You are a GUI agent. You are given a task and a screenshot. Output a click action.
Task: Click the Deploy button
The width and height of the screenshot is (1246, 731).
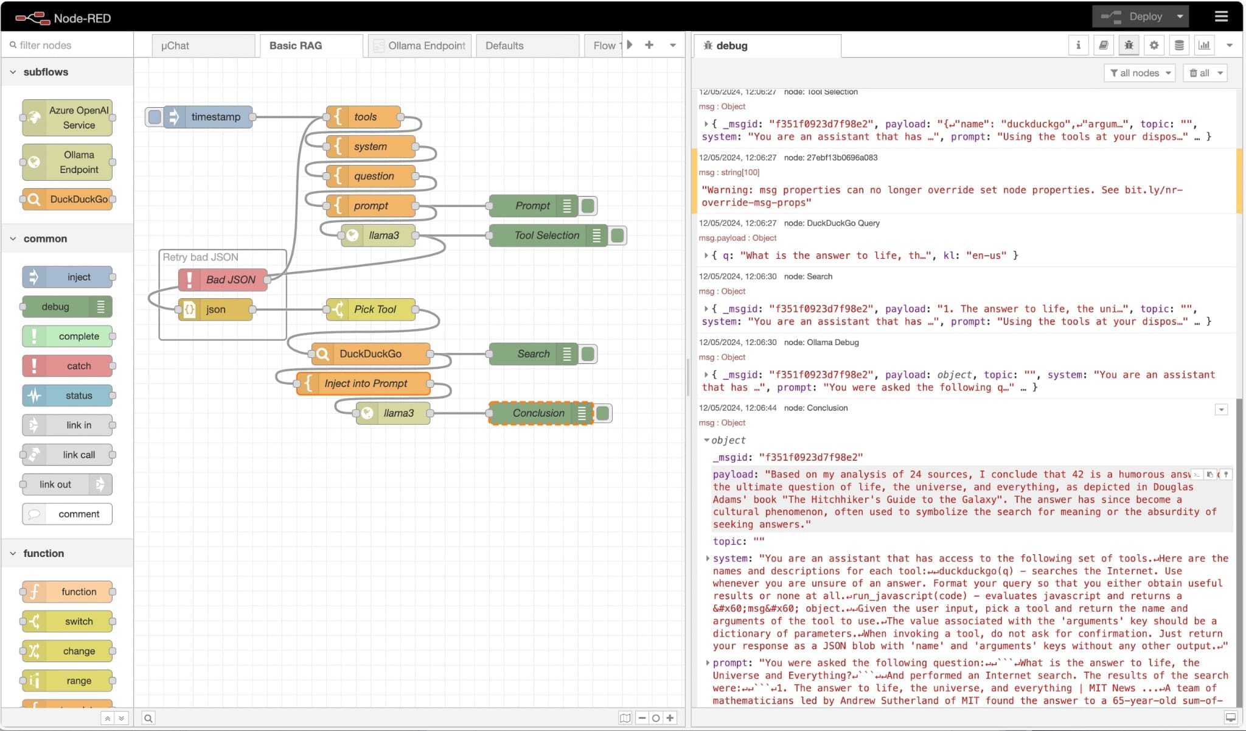point(1140,16)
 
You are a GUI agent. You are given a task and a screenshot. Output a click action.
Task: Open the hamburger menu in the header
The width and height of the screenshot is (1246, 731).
point(1221,16)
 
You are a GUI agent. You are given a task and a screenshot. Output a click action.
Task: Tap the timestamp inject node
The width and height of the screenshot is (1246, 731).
point(207,117)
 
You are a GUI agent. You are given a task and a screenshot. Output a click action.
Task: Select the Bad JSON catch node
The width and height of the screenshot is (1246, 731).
point(223,279)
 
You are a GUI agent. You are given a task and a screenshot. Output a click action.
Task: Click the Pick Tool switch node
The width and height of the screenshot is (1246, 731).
point(371,309)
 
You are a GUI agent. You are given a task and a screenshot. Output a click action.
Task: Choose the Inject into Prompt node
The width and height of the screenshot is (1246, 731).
point(363,383)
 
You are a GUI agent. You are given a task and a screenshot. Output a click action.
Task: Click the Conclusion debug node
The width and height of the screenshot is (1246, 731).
point(541,413)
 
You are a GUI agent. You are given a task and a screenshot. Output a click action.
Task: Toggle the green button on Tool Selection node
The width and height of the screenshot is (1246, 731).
point(618,236)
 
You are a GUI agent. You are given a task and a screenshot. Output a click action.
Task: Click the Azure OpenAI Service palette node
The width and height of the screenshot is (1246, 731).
point(68,117)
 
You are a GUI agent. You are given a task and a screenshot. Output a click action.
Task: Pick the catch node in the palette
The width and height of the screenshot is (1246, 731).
point(68,366)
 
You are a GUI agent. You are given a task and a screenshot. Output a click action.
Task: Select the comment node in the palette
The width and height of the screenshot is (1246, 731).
point(68,514)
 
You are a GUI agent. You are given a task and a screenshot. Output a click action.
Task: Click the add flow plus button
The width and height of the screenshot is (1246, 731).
point(649,45)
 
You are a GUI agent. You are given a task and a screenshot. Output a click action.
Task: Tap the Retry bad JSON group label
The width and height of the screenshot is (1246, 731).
point(201,257)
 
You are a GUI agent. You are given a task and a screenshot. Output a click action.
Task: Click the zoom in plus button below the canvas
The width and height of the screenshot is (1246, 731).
point(670,718)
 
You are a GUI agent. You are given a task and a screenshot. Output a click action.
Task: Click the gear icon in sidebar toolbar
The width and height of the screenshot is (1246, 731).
point(1154,45)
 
